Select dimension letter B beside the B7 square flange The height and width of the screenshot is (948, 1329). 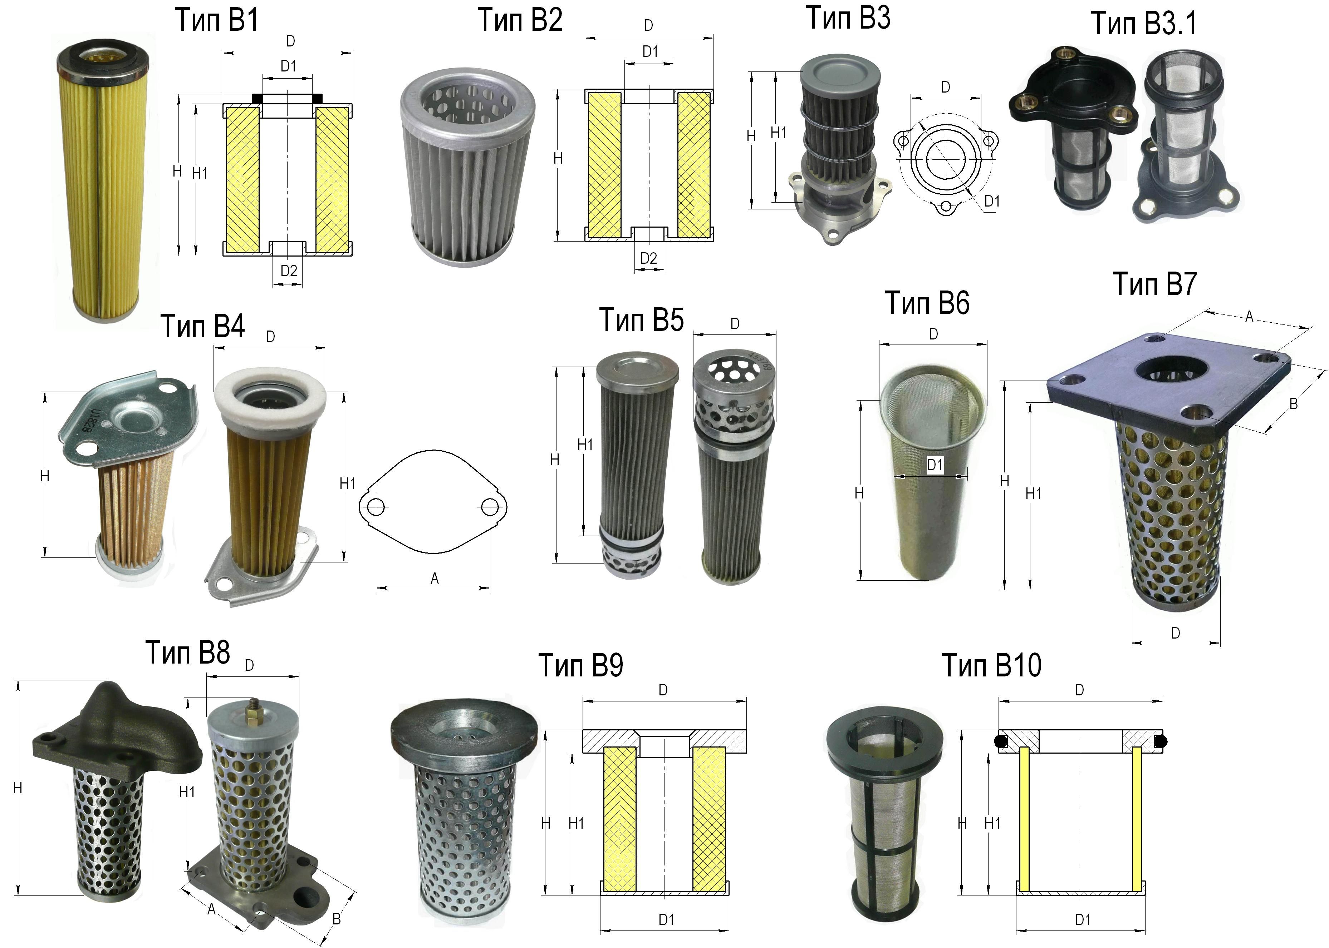[1293, 403]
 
